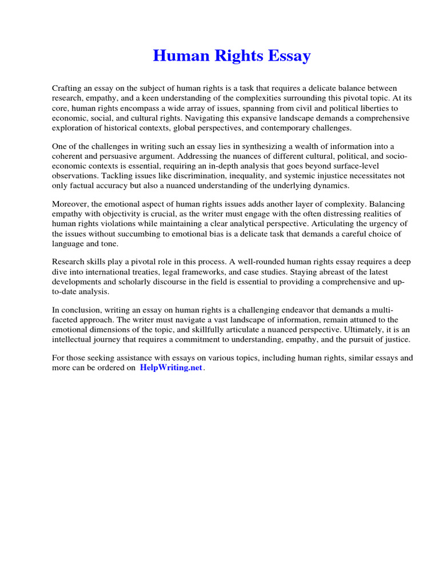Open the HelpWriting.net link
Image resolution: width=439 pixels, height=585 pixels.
[x=171, y=368]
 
